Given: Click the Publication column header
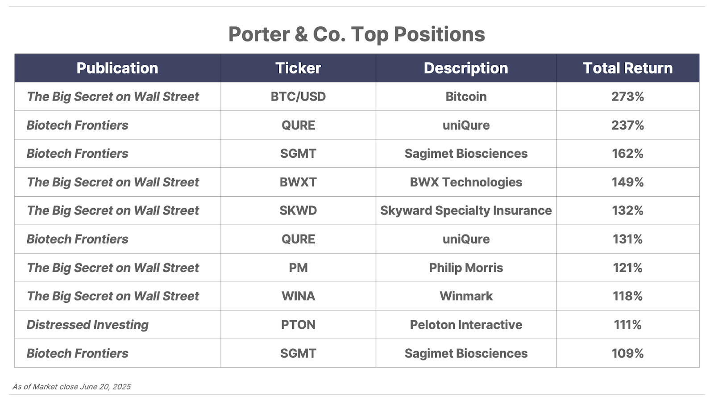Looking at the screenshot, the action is (117, 68).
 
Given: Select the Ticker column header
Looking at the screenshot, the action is (298, 68).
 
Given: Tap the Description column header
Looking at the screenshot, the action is (466, 68).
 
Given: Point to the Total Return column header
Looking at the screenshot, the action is (627, 68).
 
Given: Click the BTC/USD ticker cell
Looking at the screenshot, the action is (298, 96).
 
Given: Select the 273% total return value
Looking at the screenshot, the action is (627, 96).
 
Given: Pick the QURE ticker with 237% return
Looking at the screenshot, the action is (298, 125).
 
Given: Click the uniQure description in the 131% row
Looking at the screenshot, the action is (466, 239).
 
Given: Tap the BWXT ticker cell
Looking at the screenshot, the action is (298, 182).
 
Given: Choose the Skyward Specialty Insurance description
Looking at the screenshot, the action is (466, 210).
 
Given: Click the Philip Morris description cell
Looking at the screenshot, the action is (466, 268).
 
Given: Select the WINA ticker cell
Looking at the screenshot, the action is (298, 296).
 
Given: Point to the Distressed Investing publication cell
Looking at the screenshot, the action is (87, 325).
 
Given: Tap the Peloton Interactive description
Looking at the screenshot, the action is (466, 325).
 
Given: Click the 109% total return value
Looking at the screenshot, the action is (627, 353).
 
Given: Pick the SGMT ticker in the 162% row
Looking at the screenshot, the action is (298, 154).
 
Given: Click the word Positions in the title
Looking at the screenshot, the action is (440, 34).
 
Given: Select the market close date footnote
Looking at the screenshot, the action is (72, 387).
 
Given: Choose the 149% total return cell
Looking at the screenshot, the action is (627, 182).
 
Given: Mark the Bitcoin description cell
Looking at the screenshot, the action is (466, 96).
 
